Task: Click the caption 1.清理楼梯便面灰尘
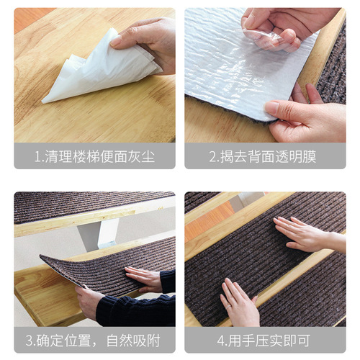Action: pos(94,156)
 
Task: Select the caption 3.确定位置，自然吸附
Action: pos(94,340)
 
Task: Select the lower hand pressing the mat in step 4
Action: pos(238,302)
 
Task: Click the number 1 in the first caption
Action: pos(38,156)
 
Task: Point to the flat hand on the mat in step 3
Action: pos(144,276)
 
